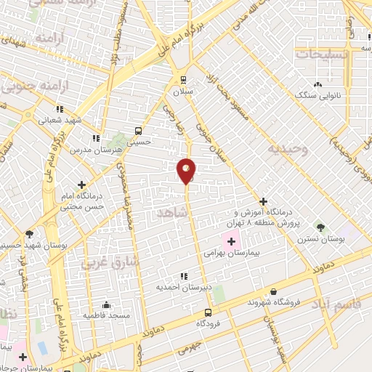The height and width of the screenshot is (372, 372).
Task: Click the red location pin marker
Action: click(x=187, y=170)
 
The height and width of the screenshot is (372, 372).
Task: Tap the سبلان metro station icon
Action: click(x=182, y=80)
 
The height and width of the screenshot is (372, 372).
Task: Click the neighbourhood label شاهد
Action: click(x=171, y=211)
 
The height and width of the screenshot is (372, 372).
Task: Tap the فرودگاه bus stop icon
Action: click(x=209, y=312)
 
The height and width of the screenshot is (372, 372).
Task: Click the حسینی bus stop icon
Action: click(x=138, y=132)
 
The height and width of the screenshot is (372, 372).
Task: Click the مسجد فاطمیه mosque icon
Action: click(x=107, y=304)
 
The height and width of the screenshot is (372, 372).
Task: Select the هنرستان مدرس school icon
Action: click(x=95, y=137)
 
